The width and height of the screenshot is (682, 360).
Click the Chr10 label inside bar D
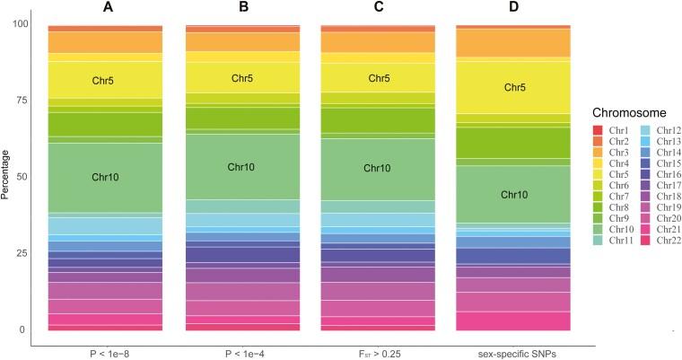point(514,194)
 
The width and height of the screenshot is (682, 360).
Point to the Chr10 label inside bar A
point(105,177)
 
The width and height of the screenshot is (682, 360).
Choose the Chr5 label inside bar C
point(378,78)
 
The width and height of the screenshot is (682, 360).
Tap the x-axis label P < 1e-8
point(105,352)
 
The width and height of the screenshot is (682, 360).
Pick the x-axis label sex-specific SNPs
point(514,352)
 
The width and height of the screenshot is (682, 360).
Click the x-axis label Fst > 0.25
point(378,352)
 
